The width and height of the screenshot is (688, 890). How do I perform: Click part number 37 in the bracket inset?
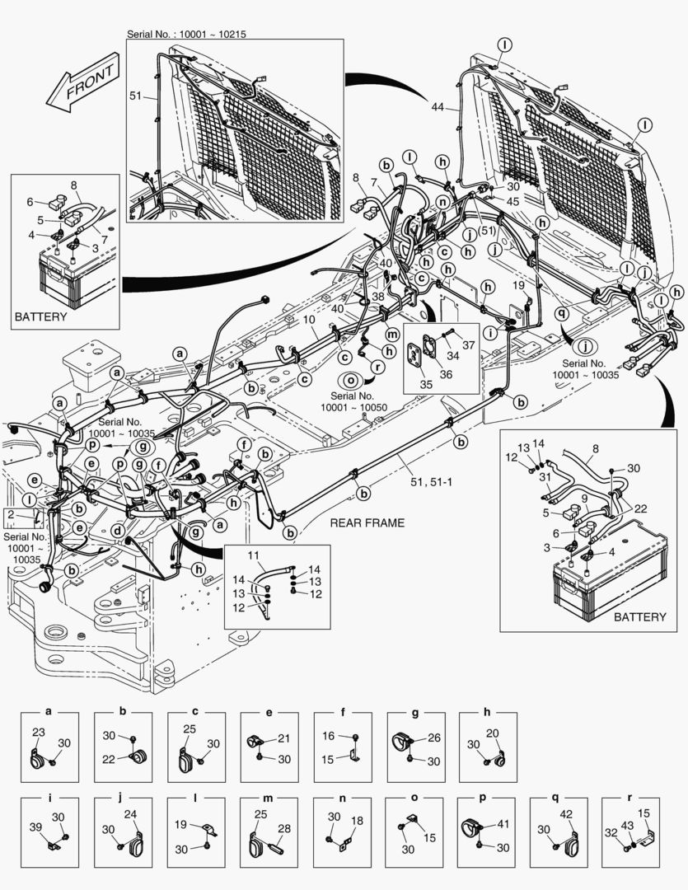point(469,344)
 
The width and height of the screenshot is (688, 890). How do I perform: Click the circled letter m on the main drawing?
point(392,333)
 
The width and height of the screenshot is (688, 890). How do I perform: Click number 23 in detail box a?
point(38,732)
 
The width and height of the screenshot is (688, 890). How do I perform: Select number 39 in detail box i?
point(35,827)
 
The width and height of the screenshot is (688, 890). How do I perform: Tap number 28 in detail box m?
point(284,828)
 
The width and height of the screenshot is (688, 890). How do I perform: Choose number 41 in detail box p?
point(502,823)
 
